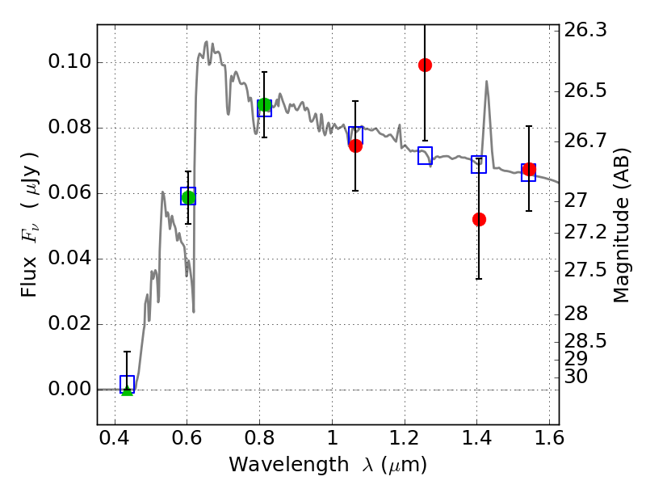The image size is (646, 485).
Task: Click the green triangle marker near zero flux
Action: (x=128, y=390)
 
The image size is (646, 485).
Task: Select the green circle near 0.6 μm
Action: (x=188, y=197)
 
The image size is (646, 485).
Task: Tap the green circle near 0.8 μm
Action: (x=265, y=105)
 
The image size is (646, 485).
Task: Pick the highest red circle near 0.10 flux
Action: (x=426, y=65)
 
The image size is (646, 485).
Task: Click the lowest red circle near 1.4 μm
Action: (x=479, y=219)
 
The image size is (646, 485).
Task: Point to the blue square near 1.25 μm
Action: (x=426, y=155)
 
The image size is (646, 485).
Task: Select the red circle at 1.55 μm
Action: (x=529, y=170)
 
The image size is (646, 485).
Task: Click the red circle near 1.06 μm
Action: (x=355, y=146)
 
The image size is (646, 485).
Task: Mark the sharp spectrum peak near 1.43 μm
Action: (x=487, y=82)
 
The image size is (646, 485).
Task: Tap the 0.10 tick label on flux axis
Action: (x=69, y=62)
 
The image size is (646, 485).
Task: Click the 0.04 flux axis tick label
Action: (x=69, y=258)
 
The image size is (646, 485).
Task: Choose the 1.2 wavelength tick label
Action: (x=405, y=438)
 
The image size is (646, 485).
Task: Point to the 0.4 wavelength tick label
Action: (x=115, y=438)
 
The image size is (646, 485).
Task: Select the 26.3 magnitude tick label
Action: (x=585, y=30)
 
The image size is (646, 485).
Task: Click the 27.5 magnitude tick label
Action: (x=585, y=271)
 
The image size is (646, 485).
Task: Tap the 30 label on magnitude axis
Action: (x=576, y=377)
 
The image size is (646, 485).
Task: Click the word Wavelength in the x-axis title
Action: (x=289, y=465)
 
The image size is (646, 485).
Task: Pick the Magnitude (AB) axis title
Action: (x=622, y=226)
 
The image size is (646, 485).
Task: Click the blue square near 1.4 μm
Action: (x=479, y=165)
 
